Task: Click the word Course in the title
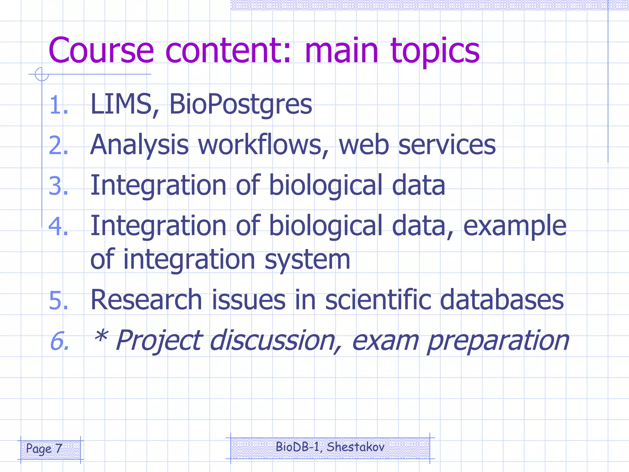101,50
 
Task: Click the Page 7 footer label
44,449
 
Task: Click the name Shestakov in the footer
355,447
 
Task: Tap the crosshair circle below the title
42,74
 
